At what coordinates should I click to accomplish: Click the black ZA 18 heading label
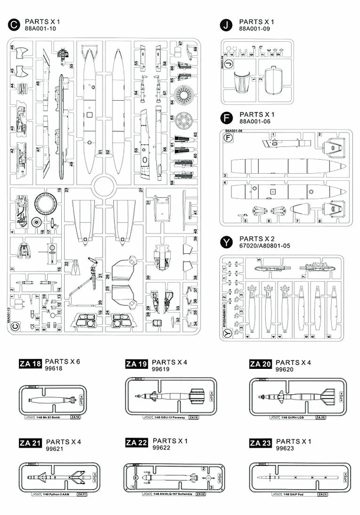tap(30, 364)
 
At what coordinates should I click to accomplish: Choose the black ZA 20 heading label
tap(260, 364)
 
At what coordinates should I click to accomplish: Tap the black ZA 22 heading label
tap(136, 443)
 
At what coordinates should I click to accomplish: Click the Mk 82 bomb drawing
tap(51, 400)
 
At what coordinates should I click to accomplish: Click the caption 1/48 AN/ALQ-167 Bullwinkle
tap(167, 494)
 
